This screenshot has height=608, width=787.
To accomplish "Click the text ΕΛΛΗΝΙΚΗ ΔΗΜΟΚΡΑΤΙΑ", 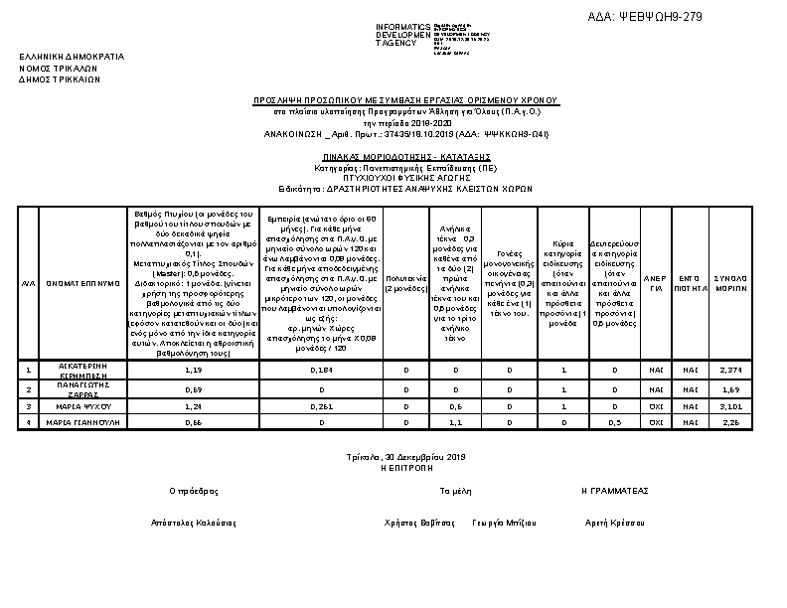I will (72, 57).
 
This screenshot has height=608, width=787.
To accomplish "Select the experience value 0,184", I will (323, 370).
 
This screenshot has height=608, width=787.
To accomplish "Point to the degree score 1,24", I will (194, 406).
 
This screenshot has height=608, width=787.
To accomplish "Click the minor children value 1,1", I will (456, 422).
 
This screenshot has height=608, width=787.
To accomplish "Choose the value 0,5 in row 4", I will (616, 422).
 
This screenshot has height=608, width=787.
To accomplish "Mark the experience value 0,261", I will (323, 406).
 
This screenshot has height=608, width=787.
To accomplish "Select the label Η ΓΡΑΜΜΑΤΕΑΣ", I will (615, 491).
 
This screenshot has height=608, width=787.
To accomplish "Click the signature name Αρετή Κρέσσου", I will (615, 522).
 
